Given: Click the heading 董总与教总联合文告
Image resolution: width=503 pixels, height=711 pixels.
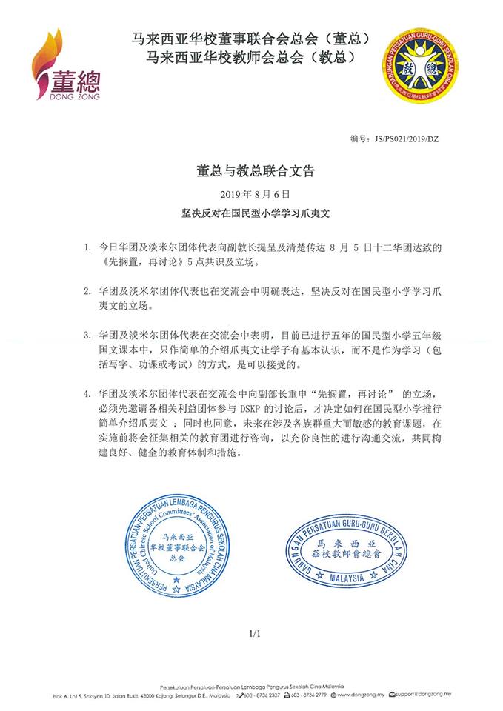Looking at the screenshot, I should point(251,170).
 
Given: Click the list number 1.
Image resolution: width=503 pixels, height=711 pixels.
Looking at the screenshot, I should point(87,244).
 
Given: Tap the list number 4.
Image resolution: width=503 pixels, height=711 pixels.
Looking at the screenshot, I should point(87,393).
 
